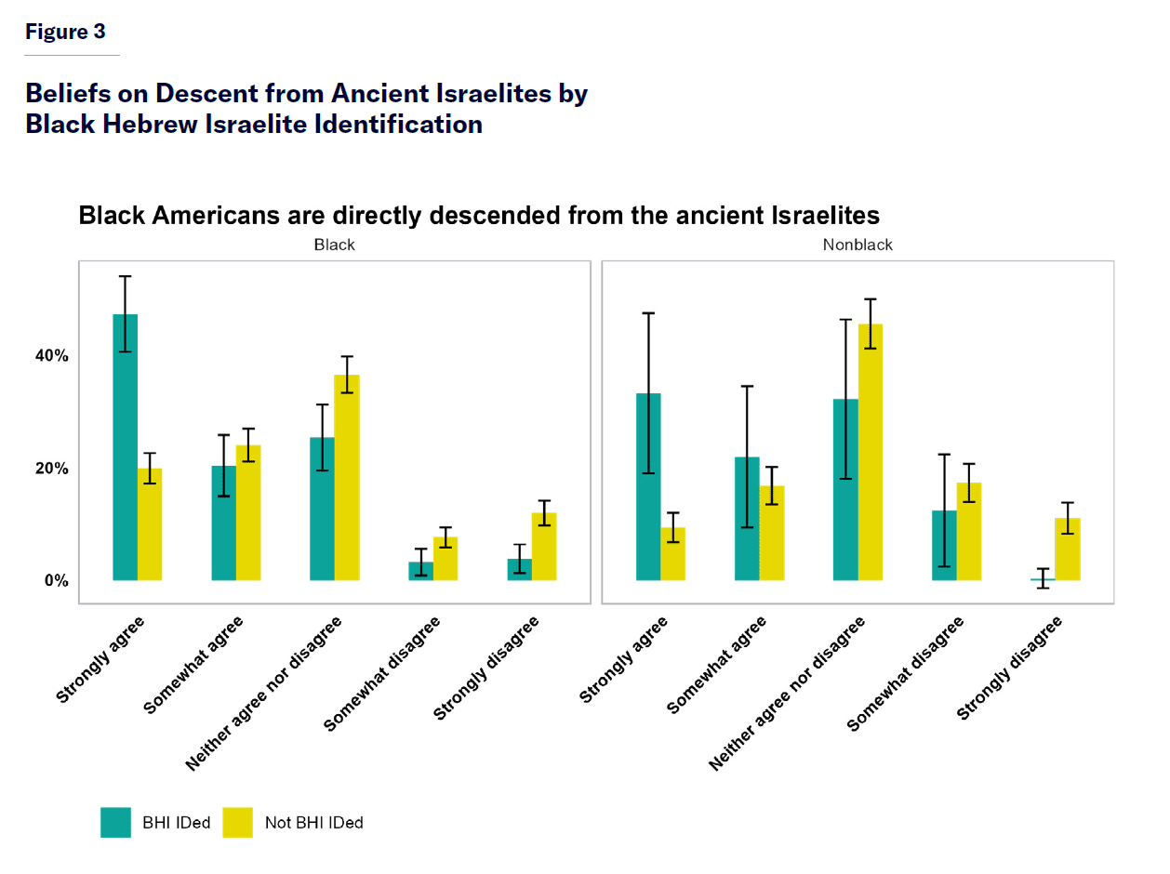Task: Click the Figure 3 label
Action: [65, 32]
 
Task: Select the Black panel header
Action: [334, 245]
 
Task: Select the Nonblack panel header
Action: [858, 245]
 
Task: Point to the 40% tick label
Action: [51, 356]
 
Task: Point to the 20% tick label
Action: [51, 469]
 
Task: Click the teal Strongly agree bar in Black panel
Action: [125, 447]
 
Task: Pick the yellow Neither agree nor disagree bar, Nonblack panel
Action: [871, 453]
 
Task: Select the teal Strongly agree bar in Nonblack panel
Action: [648, 487]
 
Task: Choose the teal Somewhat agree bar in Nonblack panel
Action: [747, 519]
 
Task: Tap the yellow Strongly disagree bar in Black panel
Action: [544, 547]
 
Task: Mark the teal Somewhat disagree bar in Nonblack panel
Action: [944, 546]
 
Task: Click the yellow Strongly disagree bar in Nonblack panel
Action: [1068, 550]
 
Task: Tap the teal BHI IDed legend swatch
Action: [116, 822]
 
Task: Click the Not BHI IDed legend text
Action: [313, 823]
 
